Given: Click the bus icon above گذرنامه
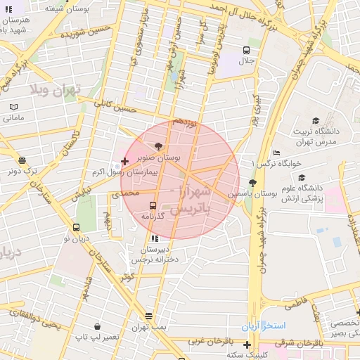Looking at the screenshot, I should click(153, 206).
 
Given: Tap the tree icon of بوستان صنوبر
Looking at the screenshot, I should click(157, 148).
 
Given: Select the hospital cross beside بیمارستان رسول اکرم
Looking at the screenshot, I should click(124, 162).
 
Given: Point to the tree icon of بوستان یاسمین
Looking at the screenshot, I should click(252, 183).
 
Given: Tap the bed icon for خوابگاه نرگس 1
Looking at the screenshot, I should click(276, 153).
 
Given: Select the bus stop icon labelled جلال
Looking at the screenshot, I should click(246, 50).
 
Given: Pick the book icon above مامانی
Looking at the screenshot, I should click(13, 107).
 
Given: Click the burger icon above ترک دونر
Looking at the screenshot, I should click(22, 160).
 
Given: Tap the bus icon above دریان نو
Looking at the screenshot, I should click(76, 227).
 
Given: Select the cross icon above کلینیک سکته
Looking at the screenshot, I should click(246, 345).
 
